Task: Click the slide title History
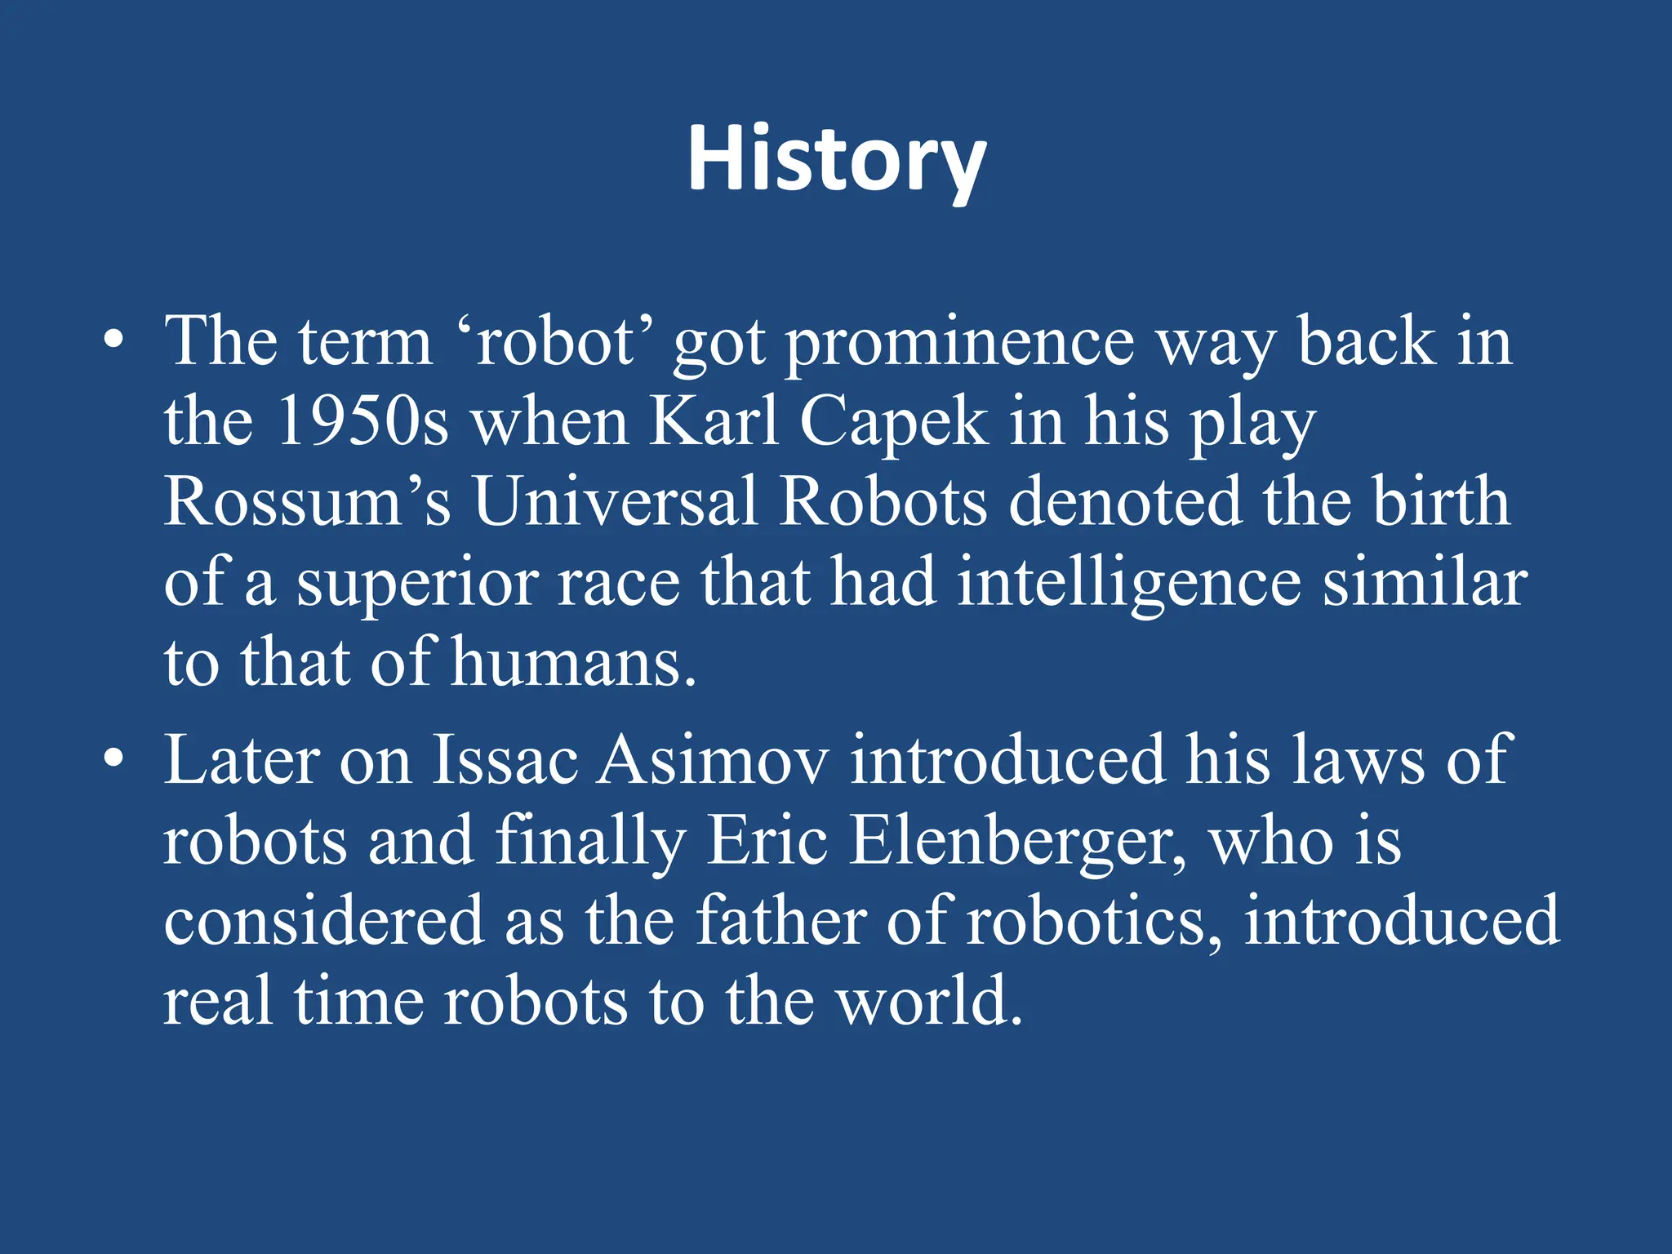coord(836,159)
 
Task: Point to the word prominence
coord(959,343)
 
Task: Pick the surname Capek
coord(893,424)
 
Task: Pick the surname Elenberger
coord(1016,842)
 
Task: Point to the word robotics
coord(1094,922)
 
